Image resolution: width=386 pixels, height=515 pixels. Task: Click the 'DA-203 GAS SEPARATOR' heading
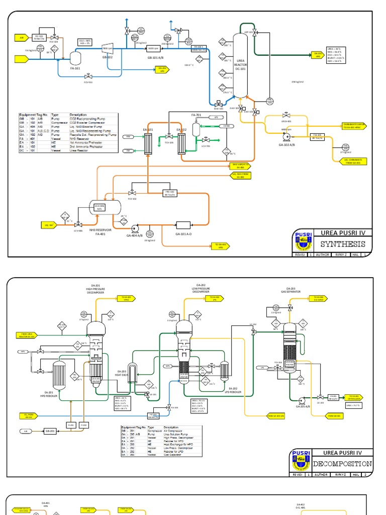(290, 291)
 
